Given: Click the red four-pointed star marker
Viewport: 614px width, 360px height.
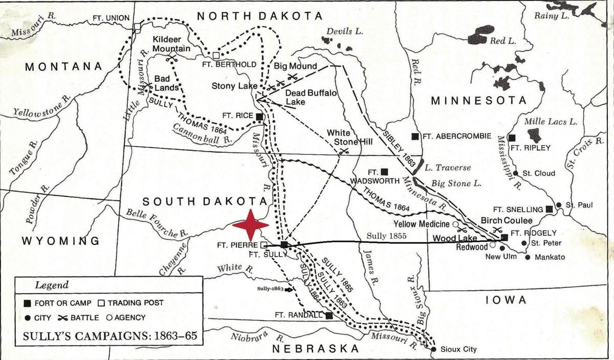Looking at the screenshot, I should pos(250,224).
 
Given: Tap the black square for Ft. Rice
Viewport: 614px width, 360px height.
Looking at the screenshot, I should pos(259,117).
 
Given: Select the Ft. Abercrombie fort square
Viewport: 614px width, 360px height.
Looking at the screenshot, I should pos(415,136).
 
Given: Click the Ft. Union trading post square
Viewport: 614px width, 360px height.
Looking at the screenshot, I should pos(137,27).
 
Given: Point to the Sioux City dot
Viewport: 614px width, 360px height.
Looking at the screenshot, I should pos(434,349).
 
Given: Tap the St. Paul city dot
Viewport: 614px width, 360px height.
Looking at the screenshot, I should pos(559,205).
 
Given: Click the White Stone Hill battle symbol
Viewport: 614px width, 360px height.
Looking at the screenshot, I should pos(344,151).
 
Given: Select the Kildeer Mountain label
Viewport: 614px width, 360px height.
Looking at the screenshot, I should pos(171,44).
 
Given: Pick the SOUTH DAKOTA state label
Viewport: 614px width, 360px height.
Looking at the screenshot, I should pos(205,201).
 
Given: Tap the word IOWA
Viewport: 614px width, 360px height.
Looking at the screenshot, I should pos(506,300).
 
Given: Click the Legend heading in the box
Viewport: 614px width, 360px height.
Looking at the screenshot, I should pos(51,285).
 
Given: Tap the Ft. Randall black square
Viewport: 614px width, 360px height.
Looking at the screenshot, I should pos(329,316).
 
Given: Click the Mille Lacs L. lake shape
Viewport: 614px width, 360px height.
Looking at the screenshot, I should pos(534,136).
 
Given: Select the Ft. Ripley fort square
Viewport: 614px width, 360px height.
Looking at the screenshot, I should pos(511,138).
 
